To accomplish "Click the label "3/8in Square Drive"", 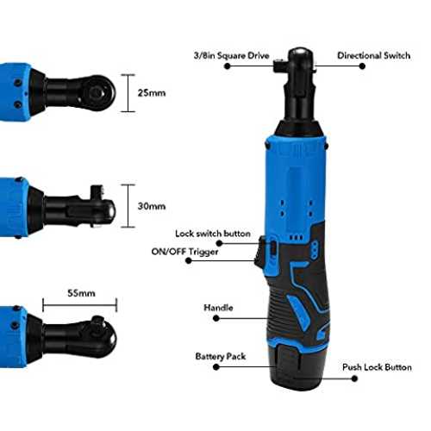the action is (x=231, y=55).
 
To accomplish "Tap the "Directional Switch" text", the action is (x=373, y=55).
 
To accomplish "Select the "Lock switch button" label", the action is (x=213, y=234).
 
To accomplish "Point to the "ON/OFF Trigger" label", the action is (x=184, y=252).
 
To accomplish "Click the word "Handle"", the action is (x=218, y=308).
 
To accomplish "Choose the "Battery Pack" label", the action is (x=221, y=356).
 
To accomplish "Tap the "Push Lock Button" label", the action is (x=377, y=367).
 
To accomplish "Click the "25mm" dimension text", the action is (x=152, y=93).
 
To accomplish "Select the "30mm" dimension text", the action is (x=152, y=206).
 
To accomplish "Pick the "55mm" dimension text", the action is (x=81, y=293).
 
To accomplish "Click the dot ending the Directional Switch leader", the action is (x=362, y=66).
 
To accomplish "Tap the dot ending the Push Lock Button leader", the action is (x=354, y=378).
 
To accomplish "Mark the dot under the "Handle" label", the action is (x=216, y=318).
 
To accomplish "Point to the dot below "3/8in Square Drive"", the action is (x=228, y=66).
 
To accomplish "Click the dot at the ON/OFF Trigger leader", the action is (x=189, y=260).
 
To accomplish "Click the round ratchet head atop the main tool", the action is (x=301, y=58).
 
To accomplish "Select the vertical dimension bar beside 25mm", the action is (x=128, y=93).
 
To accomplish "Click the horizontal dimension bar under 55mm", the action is (x=80, y=305).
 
